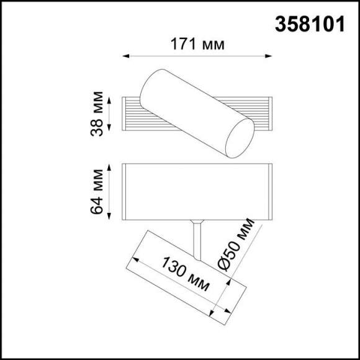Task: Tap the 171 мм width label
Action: click(197, 44)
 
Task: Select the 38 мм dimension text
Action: click(97, 114)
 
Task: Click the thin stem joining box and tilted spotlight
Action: click(197, 239)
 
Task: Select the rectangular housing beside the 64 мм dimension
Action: click(197, 192)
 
